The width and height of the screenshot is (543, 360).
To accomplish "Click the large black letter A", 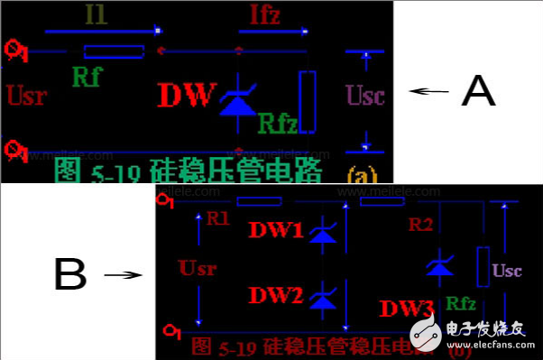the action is pos(478,90).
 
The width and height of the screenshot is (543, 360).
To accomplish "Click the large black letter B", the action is pos(70,273).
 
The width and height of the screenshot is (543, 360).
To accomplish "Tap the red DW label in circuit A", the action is pos(188,95).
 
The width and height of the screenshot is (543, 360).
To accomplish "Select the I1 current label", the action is pos(95,14).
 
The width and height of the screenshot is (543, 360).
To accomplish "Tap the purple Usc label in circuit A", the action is pos(365,95).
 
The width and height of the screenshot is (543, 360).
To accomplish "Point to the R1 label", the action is pos(218,218).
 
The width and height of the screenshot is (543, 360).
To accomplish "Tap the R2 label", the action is pos(421,222).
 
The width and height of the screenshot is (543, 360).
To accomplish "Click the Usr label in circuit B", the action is pos(198,269).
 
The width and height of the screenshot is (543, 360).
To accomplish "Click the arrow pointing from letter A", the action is pos(428,90).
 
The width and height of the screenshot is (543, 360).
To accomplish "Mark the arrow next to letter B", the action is pos(123,274).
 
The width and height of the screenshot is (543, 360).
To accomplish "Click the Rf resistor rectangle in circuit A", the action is pos(114,51).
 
